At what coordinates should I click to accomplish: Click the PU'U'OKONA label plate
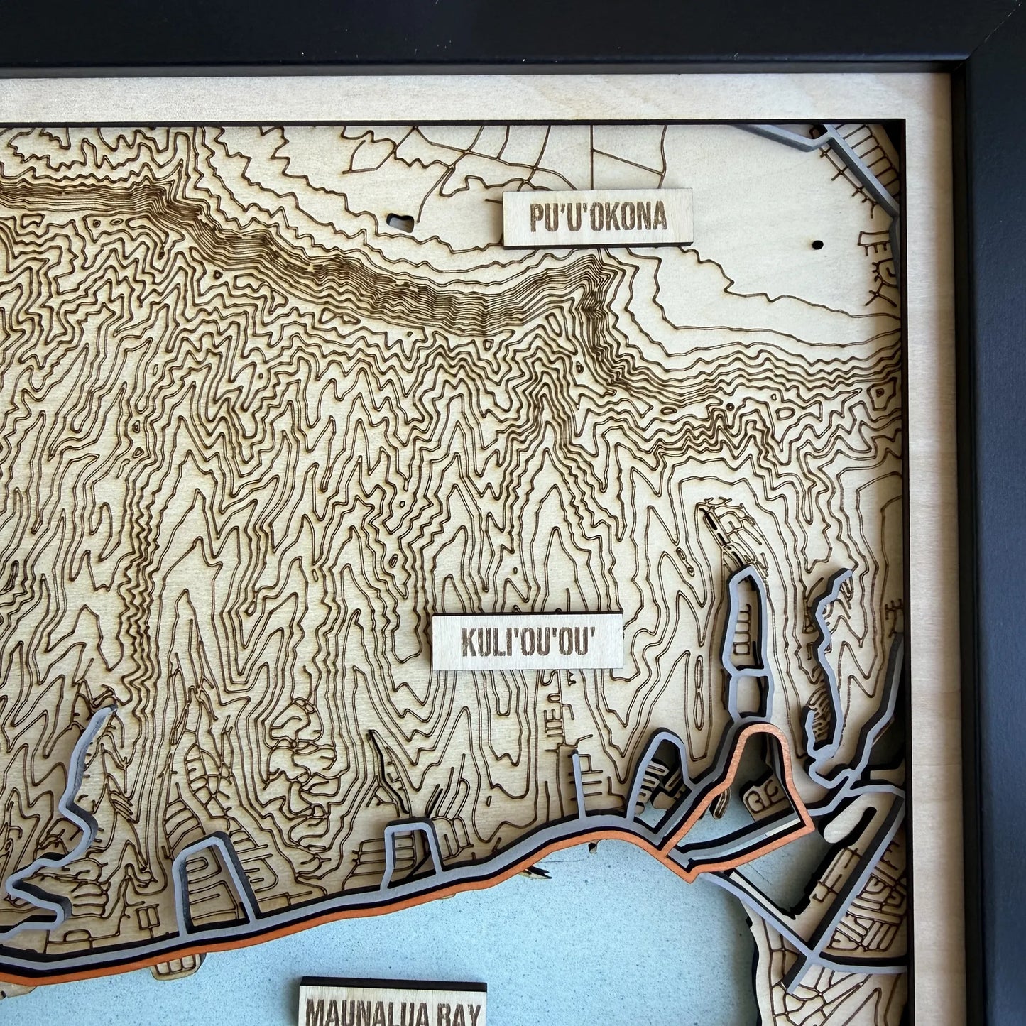(598, 217)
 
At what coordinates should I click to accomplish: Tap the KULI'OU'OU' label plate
(528, 642)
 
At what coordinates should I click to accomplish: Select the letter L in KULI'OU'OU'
(504, 643)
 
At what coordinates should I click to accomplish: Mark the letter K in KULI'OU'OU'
(470, 643)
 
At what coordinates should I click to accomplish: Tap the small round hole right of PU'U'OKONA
(817, 244)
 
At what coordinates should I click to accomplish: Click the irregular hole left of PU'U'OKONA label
(403, 222)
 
